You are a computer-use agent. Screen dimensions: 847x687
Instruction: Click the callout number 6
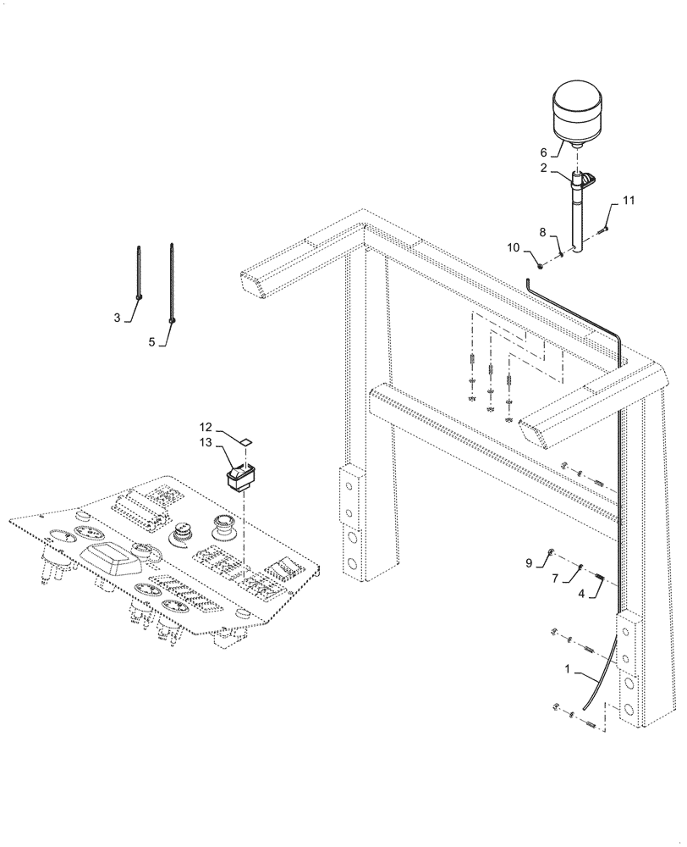pyautogui.click(x=545, y=152)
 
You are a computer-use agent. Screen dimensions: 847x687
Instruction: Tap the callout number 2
pyautogui.click(x=545, y=169)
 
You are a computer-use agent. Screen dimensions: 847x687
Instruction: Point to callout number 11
pyautogui.click(x=628, y=201)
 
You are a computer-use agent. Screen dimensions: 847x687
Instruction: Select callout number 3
pyautogui.click(x=118, y=318)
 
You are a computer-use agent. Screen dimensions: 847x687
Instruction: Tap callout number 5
pyautogui.click(x=153, y=342)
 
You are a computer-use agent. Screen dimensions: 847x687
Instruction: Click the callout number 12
pyautogui.click(x=206, y=428)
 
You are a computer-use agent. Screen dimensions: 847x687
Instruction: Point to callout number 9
pyautogui.click(x=529, y=562)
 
